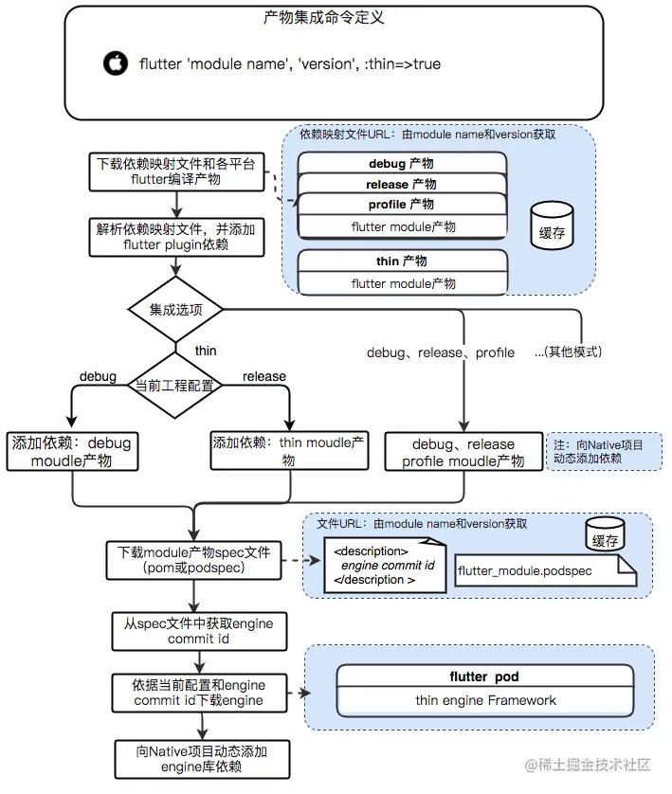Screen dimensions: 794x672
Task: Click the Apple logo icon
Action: pyautogui.click(x=115, y=63)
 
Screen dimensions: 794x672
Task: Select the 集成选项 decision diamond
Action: pyautogui.click(x=174, y=310)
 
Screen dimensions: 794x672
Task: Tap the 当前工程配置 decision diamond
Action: pyautogui.click(x=174, y=386)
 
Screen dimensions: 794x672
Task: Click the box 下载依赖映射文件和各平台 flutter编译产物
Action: pyautogui.click(x=175, y=171)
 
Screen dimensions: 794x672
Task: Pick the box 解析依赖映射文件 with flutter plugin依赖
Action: pyautogui.click(x=175, y=237)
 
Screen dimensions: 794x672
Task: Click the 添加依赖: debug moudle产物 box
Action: pyautogui.click(x=72, y=452)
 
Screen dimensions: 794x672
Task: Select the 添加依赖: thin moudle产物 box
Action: pyautogui.click(x=288, y=451)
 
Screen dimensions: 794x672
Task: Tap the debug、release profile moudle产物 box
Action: pyautogui.click(x=463, y=452)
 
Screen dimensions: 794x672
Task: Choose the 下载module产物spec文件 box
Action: pyautogui.click(x=193, y=560)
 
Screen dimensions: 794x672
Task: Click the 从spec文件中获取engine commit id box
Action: pyautogui.click(x=198, y=630)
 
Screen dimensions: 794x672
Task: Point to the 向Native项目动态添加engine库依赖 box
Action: pyautogui.click(x=201, y=759)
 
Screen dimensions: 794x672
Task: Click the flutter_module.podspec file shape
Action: pyautogui.click(x=535, y=571)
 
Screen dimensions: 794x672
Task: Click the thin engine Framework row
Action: pyautogui.click(x=485, y=700)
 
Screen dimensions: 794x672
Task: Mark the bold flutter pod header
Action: pyautogui.click(x=485, y=677)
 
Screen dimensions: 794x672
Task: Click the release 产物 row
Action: pyautogui.click(x=401, y=184)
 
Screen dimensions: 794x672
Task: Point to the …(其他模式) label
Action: pyautogui.click(x=568, y=352)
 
